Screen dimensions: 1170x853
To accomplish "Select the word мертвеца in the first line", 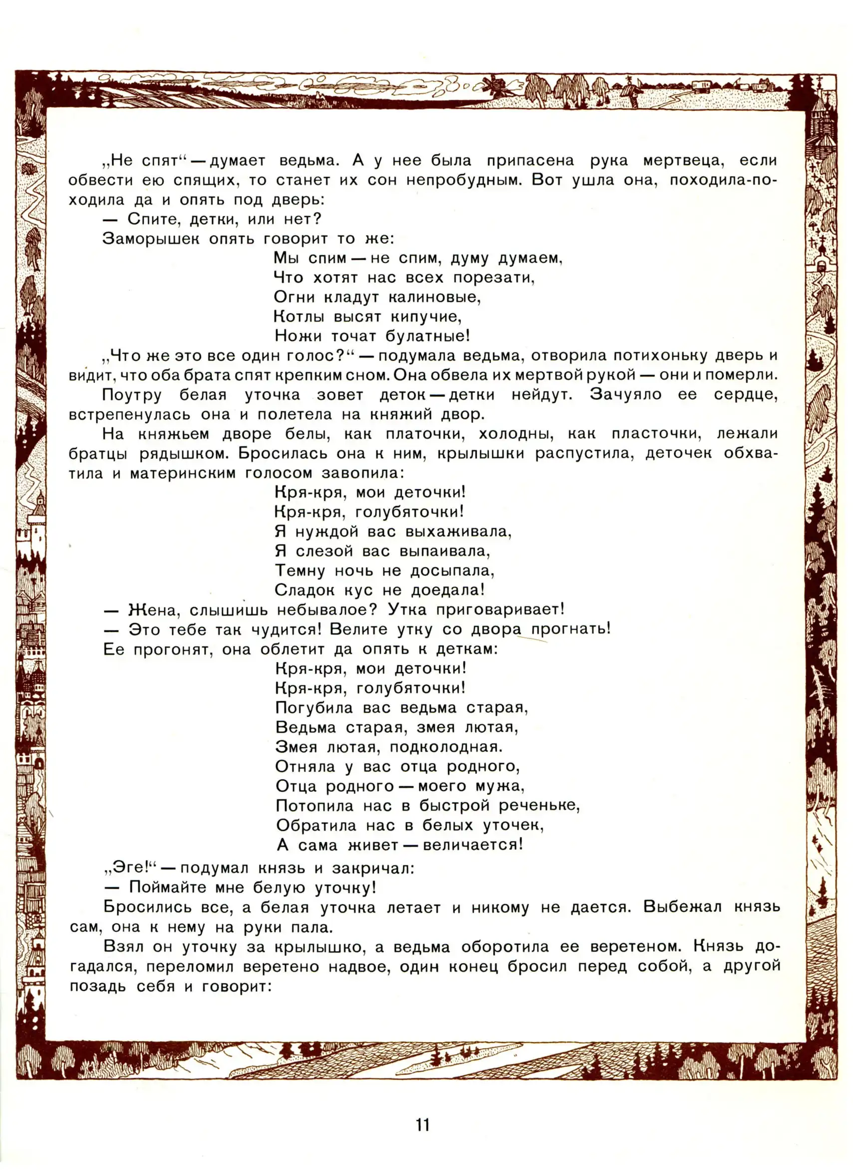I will [683, 161].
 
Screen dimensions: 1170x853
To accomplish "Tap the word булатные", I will [428, 336].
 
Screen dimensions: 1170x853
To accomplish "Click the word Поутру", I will [132, 395].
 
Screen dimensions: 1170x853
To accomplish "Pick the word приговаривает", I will [500, 610].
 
